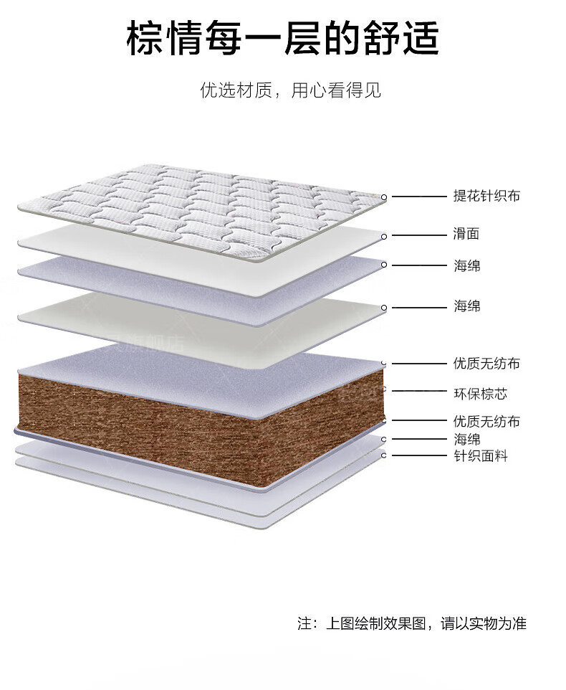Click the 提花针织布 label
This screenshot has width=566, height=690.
coord(486,195)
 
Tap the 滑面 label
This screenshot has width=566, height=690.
coord(466,233)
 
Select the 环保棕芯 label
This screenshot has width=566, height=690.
coord(480,393)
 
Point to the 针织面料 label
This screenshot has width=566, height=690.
coord(480,456)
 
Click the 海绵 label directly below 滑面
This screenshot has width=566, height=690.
coord(466,266)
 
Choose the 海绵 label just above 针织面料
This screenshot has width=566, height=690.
coord(466,439)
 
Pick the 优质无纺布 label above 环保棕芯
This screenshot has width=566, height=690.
coord(486,364)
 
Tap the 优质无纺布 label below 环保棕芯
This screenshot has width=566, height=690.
coord(486,421)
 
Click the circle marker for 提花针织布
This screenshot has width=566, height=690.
coord(383,197)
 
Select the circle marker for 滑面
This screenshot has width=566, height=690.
coord(383,236)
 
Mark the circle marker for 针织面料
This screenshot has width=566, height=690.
coord(383,455)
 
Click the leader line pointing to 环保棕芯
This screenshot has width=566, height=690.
coord(419,390)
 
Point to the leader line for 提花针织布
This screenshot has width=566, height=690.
coord(419,197)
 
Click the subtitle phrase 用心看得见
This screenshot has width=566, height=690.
coord(336,90)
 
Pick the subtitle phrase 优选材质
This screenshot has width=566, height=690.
coord(236,90)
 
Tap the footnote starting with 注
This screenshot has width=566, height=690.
coord(412,623)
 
